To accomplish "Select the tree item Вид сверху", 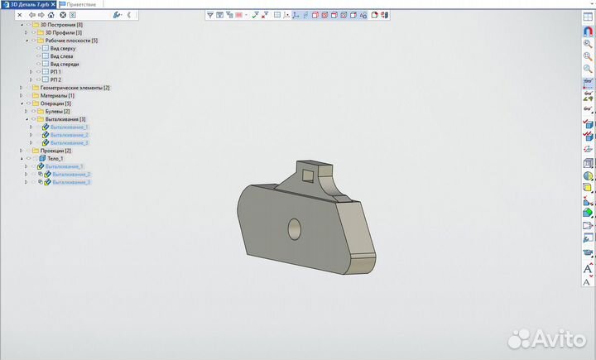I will click(64, 48).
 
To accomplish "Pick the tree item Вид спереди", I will click(65, 64).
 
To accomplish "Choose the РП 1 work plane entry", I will click(55, 72).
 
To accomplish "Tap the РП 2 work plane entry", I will click(55, 79).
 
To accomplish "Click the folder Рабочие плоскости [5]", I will click(71, 41).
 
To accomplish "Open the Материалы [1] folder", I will click(57, 95).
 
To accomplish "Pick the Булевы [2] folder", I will click(58, 111).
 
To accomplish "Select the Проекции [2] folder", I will click(55, 151).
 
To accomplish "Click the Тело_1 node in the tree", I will click(55, 158).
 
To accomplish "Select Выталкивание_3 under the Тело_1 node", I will click(71, 182).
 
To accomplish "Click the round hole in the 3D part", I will click(294, 228).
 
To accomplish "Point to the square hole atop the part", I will click(308, 175).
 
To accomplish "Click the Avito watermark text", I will click(554, 338).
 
